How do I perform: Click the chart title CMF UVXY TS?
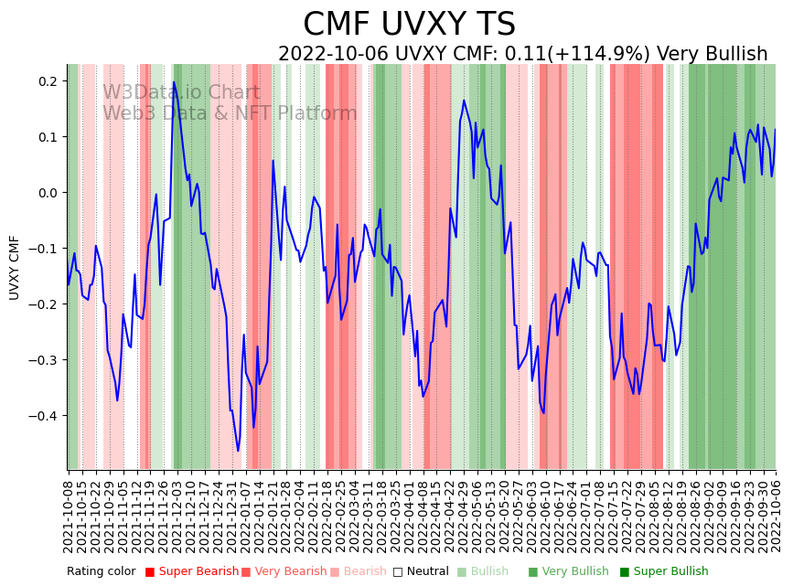(x=409, y=25)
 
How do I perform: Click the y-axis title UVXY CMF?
(x=15, y=267)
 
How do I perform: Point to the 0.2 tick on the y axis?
(x=48, y=81)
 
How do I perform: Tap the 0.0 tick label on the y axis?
(x=48, y=193)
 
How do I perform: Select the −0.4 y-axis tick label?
(x=44, y=416)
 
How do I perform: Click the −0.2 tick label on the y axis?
(x=44, y=304)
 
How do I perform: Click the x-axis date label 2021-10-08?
(x=68, y=512)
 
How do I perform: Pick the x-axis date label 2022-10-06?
(x=777, y=512)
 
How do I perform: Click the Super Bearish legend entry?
(x=192, y=572)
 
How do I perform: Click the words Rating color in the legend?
(x=101, y=572)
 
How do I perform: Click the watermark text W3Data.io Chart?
(x=181, y=92)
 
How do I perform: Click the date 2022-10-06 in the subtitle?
(x=333, y=55)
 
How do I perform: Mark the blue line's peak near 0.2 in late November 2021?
(x=174, y=82)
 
